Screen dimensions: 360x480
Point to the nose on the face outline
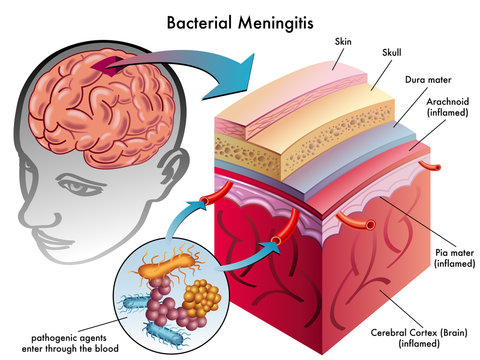tap(41, 206)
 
